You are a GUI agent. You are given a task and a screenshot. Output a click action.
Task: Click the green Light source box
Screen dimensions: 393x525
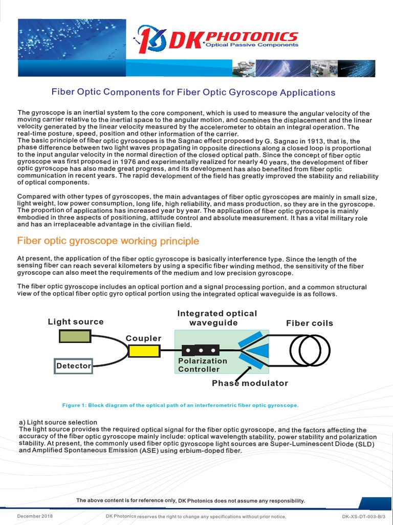click(x=75, y=336)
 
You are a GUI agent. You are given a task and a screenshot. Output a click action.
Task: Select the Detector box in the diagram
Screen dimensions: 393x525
click(x=74, y=366)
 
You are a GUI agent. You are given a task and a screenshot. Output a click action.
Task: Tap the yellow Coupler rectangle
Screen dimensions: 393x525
click(x=144, y=351)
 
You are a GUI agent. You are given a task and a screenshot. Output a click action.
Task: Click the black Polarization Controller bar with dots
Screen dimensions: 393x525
click(x=201, y=351)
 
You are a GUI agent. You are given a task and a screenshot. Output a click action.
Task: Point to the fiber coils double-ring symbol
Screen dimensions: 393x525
click(x=310, y=350)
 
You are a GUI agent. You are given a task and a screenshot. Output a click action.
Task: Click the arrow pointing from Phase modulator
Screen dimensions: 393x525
click(x=243, y=372)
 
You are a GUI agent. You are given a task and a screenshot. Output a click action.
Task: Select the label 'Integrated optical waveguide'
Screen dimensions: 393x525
click(x=217, y=318)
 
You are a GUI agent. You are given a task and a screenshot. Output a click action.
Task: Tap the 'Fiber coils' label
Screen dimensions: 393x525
click(x=309, y=323)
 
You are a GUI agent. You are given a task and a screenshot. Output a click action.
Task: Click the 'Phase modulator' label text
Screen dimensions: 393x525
click(x=250, y=383)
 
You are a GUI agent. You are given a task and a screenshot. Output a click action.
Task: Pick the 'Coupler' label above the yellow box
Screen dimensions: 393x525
click(x=143, y=338)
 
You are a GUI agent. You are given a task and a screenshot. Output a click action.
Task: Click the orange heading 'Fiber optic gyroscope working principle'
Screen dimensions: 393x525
click(x=108, y=241)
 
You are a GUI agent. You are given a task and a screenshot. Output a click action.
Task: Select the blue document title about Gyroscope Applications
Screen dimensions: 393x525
click(x=193, y=92)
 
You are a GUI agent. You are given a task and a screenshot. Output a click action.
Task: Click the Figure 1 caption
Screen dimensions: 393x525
click(x=180, y=405)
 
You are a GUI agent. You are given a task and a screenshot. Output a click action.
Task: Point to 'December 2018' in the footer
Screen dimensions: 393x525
click(x=35, y=516)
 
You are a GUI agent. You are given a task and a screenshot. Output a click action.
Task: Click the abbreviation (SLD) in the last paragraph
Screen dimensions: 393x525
click(x=365, y=444)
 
